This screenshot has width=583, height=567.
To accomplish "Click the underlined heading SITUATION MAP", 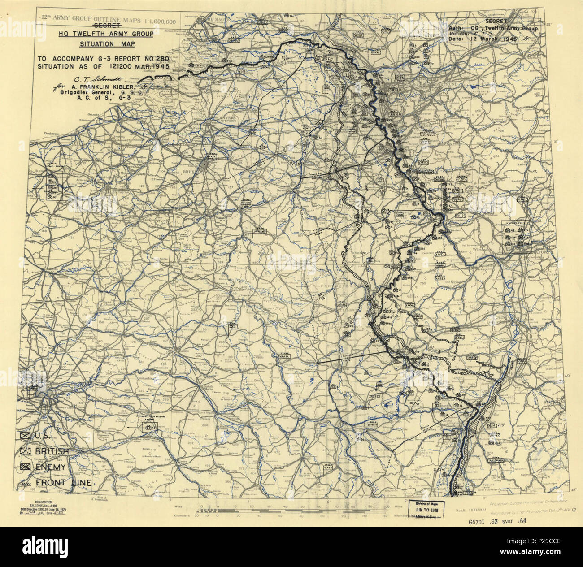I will [x=107, y=44].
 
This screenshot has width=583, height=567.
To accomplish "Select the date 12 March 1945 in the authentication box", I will [x=491, y=39].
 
